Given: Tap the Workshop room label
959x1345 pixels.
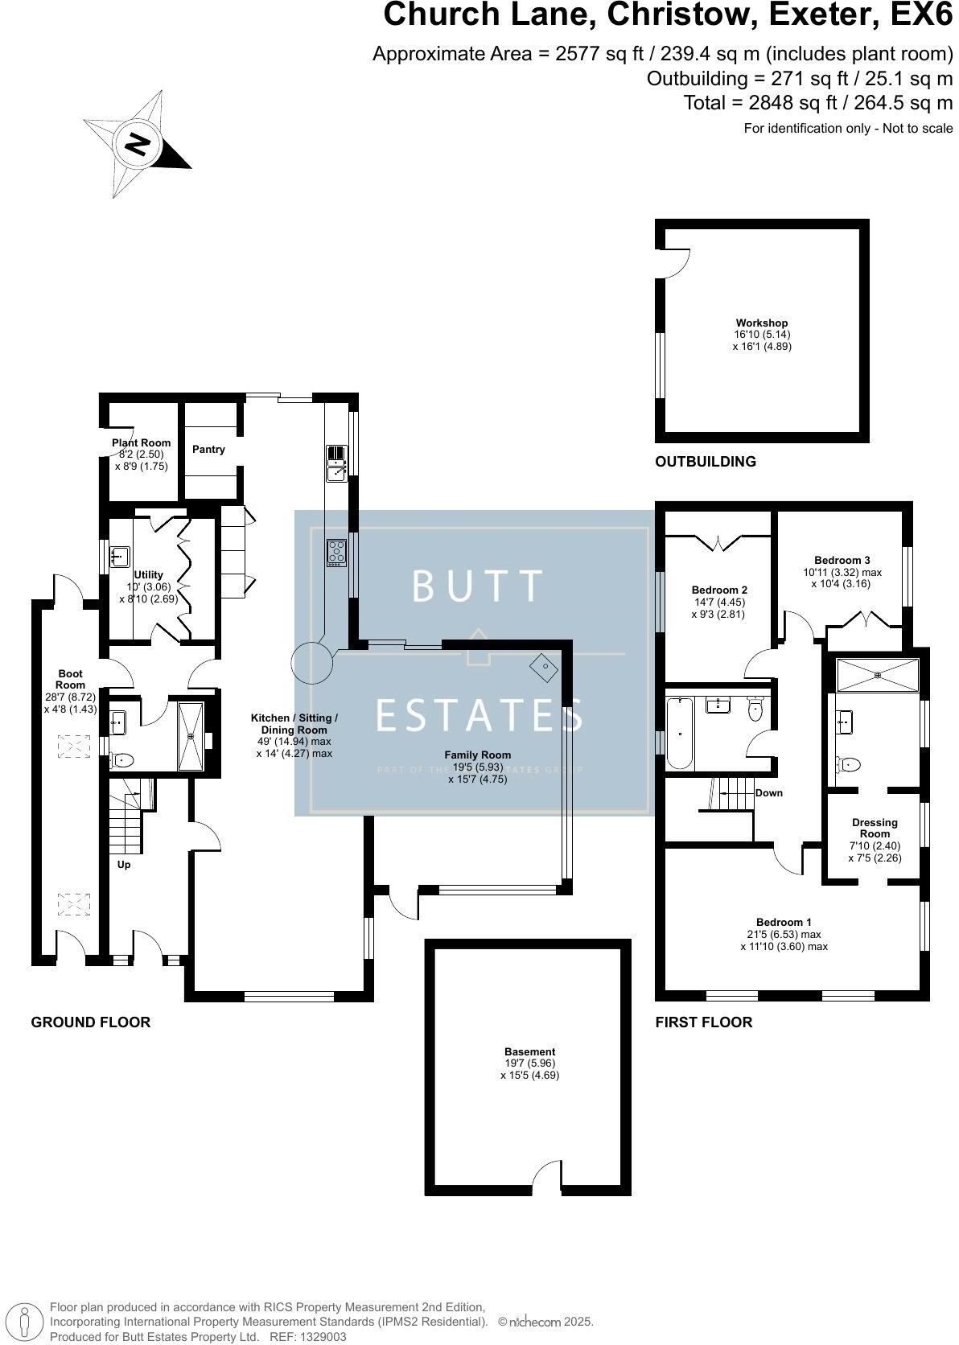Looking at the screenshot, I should coord(762,323).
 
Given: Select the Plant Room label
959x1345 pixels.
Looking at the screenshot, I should coord(142,442).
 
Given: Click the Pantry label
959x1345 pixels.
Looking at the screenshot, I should coord(208,450).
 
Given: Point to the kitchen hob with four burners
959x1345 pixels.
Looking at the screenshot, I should coord(336,552).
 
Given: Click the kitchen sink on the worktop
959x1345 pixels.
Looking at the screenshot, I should coord(335,463).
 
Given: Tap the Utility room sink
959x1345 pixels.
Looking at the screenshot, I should coord(121,555).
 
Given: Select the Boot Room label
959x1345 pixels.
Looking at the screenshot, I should coord(70,680).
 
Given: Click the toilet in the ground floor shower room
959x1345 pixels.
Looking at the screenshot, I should coord(121,759).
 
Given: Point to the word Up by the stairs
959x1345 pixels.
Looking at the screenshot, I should coord(124,865).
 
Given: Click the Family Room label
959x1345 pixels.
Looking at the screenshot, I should coord(478,755).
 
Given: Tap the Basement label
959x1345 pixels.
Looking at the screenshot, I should coord(529,1051).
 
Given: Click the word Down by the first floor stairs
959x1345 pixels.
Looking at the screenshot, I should coord(769,793).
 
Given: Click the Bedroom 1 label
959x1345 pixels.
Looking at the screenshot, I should coord(784,922).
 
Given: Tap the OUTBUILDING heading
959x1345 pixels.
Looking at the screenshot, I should coord(706,462).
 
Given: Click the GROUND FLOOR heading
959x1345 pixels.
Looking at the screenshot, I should coord(91,1022).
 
